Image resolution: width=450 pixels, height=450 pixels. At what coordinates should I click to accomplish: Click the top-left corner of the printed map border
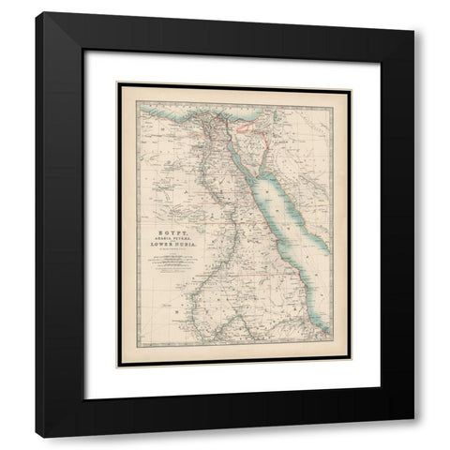tap(116, 83)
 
